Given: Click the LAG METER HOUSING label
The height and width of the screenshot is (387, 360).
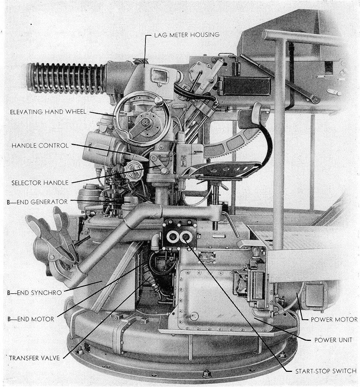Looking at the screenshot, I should click(x=186, y=35).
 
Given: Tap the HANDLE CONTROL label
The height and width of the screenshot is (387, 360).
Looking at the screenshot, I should click(x=40, y=146).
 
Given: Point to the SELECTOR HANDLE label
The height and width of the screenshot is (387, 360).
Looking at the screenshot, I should click(x=40, y=183).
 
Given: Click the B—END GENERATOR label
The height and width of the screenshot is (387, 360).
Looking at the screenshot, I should click(x=37, y=202).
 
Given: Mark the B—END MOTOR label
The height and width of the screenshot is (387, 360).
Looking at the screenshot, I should click(x=30, y=319).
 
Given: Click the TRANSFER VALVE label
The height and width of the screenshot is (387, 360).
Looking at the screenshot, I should click(x=34, y=358).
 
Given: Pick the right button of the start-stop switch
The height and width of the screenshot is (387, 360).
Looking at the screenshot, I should click(x=186, y=236).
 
